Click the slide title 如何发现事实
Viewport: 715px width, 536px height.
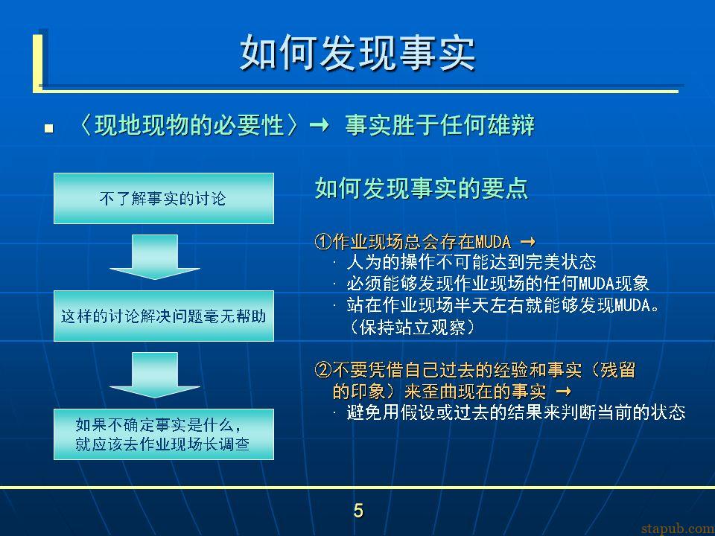click(x=357, y=53)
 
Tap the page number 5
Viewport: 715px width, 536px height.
click(x=358, y=511)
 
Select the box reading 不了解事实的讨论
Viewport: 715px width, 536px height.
click(x=164, y=198)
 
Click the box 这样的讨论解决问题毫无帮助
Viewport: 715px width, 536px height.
click(x=164, y=316)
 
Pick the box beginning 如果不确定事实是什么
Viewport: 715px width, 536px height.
click(x=164, y=434)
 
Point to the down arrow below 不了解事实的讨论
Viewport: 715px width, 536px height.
click(x=155, y=257)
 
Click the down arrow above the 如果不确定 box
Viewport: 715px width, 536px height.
click(x=155, y=375)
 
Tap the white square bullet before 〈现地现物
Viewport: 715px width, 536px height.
click(x=49, y=129)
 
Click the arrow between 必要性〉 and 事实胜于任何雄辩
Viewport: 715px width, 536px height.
click(x=320, y=125)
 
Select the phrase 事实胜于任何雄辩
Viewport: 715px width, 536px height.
click(x=439, y=125)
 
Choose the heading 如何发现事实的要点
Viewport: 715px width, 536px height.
click(x=422, y=188)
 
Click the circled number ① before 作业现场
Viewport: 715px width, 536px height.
click(x=323, y=241)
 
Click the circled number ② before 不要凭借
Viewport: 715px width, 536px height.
click(x=323, y=370)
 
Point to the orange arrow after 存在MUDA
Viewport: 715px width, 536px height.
click(x=527, y=241)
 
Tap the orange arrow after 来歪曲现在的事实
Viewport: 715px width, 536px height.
click(x=564, y=391)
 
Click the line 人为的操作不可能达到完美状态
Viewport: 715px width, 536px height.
click(x=471, y=262)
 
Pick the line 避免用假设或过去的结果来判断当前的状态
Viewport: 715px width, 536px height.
click(x=516, y=412)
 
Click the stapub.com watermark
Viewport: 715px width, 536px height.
click(x=678, y=529)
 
